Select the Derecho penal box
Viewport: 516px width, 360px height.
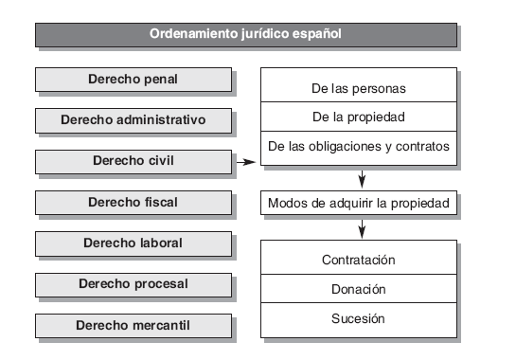[x=133, y=79]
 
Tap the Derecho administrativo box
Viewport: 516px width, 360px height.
[x=133, y=120]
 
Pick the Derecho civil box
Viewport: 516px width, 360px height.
[x=133, y=161]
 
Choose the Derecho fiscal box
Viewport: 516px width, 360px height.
[x=133, y=202]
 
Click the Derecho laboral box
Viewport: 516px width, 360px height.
[x=133, y=243]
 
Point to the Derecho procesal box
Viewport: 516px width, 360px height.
[x=133, y=283]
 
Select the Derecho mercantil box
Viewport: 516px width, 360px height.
[x=133, y=325]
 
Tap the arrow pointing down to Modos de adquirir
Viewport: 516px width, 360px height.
[x=362, y=178]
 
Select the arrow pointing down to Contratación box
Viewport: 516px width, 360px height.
[x=362, y=228]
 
